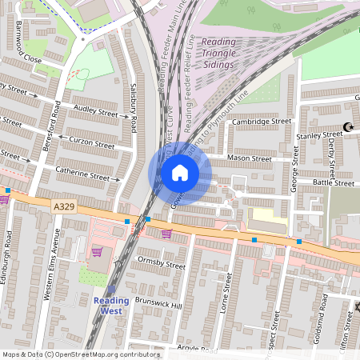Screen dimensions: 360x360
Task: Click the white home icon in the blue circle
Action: [179, 173]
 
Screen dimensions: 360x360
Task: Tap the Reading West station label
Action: [111, 305]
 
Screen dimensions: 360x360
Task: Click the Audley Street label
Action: [95, 111]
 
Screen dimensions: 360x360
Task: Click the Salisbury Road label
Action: [134, 110]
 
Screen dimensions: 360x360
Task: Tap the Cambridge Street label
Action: [262, 122]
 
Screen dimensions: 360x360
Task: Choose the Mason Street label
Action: [250, 158]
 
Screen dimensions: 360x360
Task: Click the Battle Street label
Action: [333, 183]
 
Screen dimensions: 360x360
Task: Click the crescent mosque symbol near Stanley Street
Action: [348, 126]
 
